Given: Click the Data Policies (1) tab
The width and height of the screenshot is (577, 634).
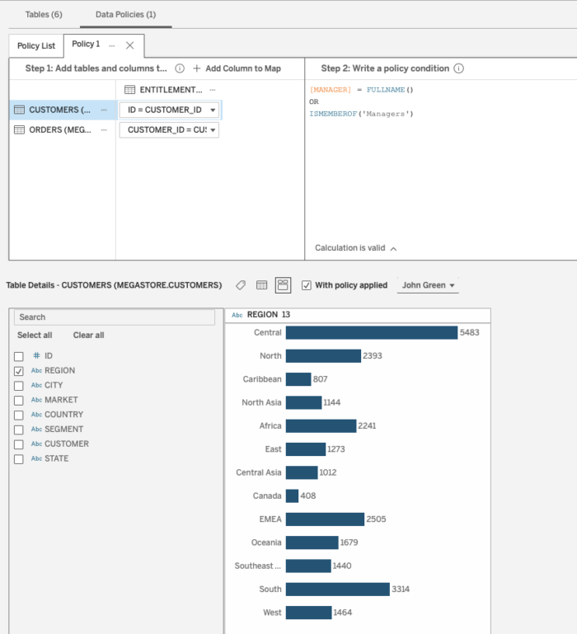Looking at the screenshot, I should [125, 15].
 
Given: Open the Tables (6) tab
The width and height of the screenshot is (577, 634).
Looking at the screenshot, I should [43, 15].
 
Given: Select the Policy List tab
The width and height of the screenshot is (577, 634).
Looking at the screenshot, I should [36, 45].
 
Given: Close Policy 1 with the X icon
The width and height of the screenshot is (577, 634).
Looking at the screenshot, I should [129, 45].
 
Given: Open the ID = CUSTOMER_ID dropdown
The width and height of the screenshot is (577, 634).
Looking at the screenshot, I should [170, 110].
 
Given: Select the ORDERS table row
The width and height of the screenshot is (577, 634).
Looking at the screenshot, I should [61, 129].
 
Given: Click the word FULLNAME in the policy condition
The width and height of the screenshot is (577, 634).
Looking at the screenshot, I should [392, 89].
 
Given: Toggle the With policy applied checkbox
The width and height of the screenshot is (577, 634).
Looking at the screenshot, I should [307, 285].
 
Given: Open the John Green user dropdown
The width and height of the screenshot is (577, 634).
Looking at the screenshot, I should [429, 285].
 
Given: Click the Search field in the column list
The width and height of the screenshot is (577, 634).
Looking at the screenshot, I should [115, 317].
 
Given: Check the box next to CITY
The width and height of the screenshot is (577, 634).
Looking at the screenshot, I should [19, 386].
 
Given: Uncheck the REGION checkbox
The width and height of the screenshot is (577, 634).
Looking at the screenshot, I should [19, 371].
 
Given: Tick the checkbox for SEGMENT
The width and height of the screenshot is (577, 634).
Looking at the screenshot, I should [19, 430].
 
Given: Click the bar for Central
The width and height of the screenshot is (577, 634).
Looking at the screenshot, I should [371, 332].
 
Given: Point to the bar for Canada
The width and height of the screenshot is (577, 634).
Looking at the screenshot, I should [292, 496].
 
